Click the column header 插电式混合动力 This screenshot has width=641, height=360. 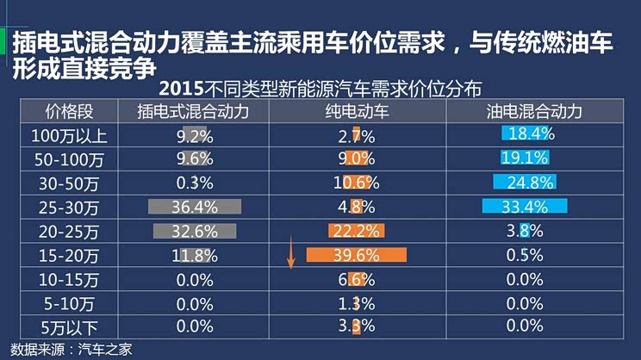pyautogui.click(x=194, y=112)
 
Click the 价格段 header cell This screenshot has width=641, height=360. pyautogui.click(x=69, y=112)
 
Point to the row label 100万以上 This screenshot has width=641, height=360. pyautogui.click(x=69, y=135)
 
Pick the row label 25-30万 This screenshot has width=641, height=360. pyautogui.click(x=69, y=207)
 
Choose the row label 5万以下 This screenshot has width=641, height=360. pyautogui.click(x=69, y=326)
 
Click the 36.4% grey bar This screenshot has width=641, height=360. pyautogui.click(x=194, y=207)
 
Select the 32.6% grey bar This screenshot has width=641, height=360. pyautogui.click(x=194, y=231)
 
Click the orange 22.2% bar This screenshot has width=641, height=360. pyautogui.click(x=356, y=231)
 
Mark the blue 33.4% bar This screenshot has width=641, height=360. pyautogui.click(x=525, y=207)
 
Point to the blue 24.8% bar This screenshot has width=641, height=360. pyautogui.click(x=525, y=183)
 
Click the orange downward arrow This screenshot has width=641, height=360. pyautogui.click(x=292, y=256)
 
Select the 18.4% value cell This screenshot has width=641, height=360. pyautogui.click(x=530, y=134)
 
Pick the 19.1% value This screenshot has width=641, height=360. pyautogui.click(x=526, y=158)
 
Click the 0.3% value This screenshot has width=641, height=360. pyautogui.click(x=194, y=183)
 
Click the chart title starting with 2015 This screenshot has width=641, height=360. pyautogui.click(x=320, y=89)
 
